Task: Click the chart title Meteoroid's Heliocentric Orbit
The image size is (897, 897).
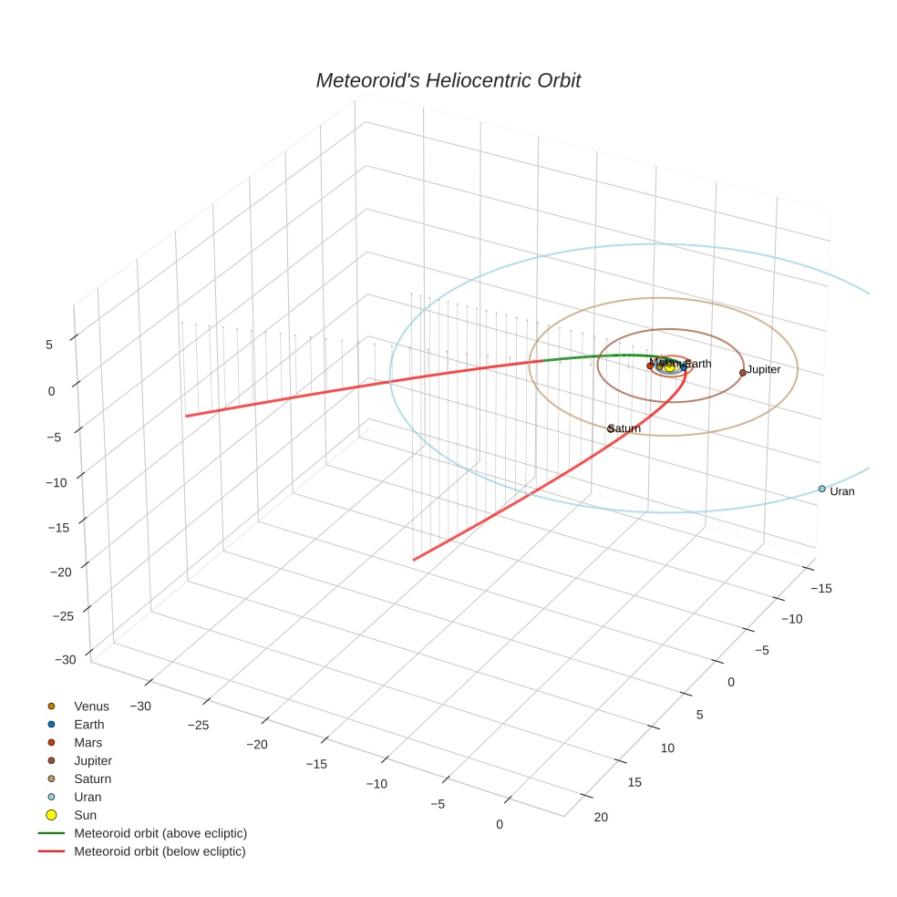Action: pyautogui.click(x=448, y=80)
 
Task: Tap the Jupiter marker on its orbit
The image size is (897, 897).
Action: pyautogui.click(x=743, y=372)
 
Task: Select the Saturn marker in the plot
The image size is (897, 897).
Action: pyautogui.click(x=611, y=428)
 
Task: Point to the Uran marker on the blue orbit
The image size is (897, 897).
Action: pyautogui.click(x=821, y=489)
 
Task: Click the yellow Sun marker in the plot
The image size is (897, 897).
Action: pyautogui.click(x=670, y=366)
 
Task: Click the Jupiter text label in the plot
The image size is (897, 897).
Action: pyautogui.click(x=764, y=369)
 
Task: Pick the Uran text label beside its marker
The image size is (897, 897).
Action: pyautogui.click(x=842, y=491)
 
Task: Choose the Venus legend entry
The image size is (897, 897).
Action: pyautogui.click(x=91, y=706)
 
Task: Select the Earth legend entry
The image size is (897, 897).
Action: pyautogui.click(x=89, y=724)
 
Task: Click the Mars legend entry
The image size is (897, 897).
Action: pyautogui.click(x=88, y=742)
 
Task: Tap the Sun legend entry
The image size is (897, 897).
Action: pyautogui.click(x=85, y=815)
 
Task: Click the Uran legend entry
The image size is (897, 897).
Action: pyautogui.click(x=88, y=797)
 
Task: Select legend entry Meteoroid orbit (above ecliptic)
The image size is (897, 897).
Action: pyautogui.click(x=160, y=833)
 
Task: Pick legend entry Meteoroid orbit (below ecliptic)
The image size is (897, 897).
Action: pyautogui.click(x=160, y=851)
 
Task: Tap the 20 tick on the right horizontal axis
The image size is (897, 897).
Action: pyautogui.click(x=601, y=817)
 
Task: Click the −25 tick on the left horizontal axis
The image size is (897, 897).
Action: pyautogui.click(x=198, y=725)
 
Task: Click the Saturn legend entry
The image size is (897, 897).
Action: pyautogui.click(x=92, y=778)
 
